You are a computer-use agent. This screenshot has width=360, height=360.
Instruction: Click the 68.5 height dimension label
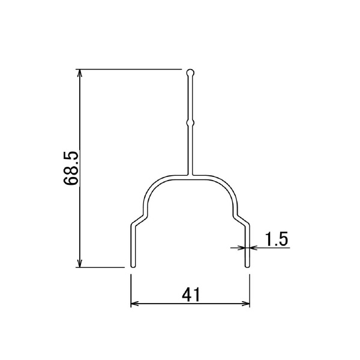(71, 168)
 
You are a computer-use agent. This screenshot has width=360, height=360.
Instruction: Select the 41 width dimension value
(191, 295)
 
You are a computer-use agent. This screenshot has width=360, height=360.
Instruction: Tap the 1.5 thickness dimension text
(276, 239)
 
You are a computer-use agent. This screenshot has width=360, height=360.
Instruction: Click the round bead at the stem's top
(190, 73)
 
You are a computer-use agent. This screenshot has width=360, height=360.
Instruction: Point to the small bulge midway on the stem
(190, 123)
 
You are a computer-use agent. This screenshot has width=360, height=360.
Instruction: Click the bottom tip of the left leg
(133, 267)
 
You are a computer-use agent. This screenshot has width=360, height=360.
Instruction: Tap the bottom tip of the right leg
(247, 267)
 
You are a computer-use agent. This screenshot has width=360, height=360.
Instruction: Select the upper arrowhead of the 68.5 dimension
(79, 73)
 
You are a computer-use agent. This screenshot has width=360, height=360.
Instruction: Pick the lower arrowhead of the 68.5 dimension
(79, 263)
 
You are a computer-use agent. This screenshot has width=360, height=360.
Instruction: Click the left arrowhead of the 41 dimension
(134, 304)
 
